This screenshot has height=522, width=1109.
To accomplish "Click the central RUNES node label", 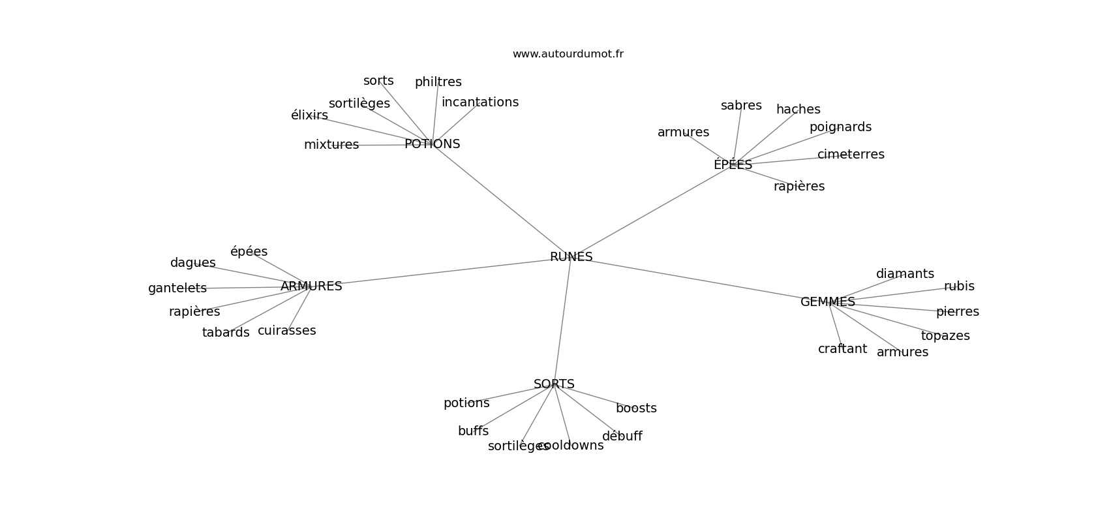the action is [x=571, y=256].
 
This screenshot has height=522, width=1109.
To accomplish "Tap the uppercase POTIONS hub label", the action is [x=433, y=144].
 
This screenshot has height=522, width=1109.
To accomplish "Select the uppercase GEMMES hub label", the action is [x=828, y=301].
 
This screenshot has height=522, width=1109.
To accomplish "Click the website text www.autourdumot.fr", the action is [x=568, y=54].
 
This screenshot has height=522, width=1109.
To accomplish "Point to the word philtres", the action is [x=438, y=82].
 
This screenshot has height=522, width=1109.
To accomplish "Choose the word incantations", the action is [x=480, y=102].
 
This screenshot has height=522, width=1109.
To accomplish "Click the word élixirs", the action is [x=309, y=115].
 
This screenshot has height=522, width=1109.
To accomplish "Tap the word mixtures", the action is [x=331, y=145].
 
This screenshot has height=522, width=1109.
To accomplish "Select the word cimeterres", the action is [x=851, y=154].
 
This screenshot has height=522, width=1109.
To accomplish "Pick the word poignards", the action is [x=841, y=127].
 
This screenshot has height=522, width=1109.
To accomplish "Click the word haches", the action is [x=798, y=109].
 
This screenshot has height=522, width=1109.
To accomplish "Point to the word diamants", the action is [x=905, y=273].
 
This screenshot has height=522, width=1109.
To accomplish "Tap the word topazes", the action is [x=945, y=336].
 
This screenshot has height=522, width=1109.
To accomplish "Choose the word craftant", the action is [x=843, y=348].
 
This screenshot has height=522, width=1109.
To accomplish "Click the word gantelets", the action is [x=177, y=288].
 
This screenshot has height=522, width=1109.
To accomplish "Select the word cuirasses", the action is [x=286, y=330].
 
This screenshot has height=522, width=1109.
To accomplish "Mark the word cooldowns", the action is [x=571, y=445].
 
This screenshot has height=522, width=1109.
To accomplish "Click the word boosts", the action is [x=636, y=408].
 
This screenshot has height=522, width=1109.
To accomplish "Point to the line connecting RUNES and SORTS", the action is [x=562, y=320].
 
